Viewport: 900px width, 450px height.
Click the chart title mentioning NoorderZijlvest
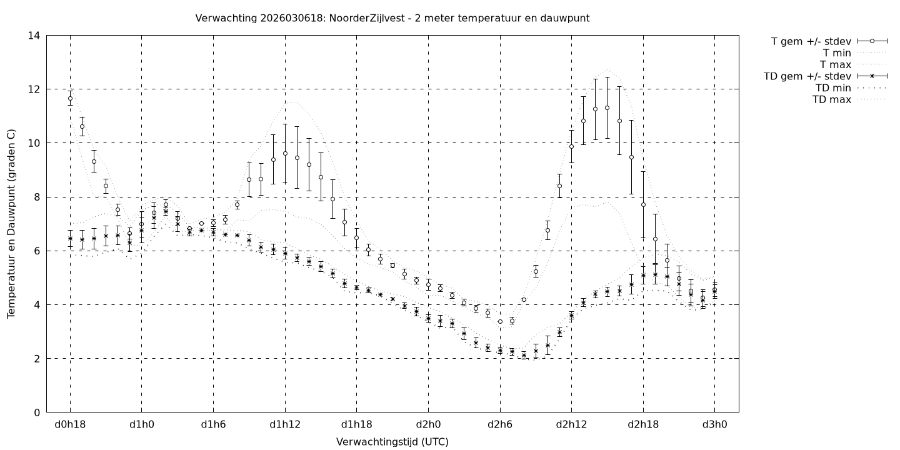(392, 18)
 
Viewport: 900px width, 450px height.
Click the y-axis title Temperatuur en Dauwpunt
(11, 224)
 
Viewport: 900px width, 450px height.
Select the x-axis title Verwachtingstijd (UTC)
(392, 442)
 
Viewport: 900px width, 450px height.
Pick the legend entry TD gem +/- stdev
(807, 76)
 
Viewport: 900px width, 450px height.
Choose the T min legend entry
(837, 53)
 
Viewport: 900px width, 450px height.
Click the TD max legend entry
(832, 99)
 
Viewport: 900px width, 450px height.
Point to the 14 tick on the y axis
(34, 36)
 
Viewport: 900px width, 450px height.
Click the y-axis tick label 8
(37, 197)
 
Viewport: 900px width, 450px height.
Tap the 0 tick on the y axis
(37, 412)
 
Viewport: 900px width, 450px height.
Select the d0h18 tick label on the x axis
(70, 425)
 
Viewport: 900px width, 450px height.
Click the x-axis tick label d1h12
(285, 425)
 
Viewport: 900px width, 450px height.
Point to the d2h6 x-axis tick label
(500, 425)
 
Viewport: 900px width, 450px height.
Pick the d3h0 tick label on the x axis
(715, 425)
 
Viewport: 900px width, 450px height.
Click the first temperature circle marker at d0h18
(70, 98)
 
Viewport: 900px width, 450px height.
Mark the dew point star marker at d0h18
(70, 238)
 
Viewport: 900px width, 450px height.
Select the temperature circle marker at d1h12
(285, 153)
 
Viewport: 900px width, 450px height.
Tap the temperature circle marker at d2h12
(571, 146)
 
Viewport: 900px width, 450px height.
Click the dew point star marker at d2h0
(428, 319)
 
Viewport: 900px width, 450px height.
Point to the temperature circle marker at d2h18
(643, 204)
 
